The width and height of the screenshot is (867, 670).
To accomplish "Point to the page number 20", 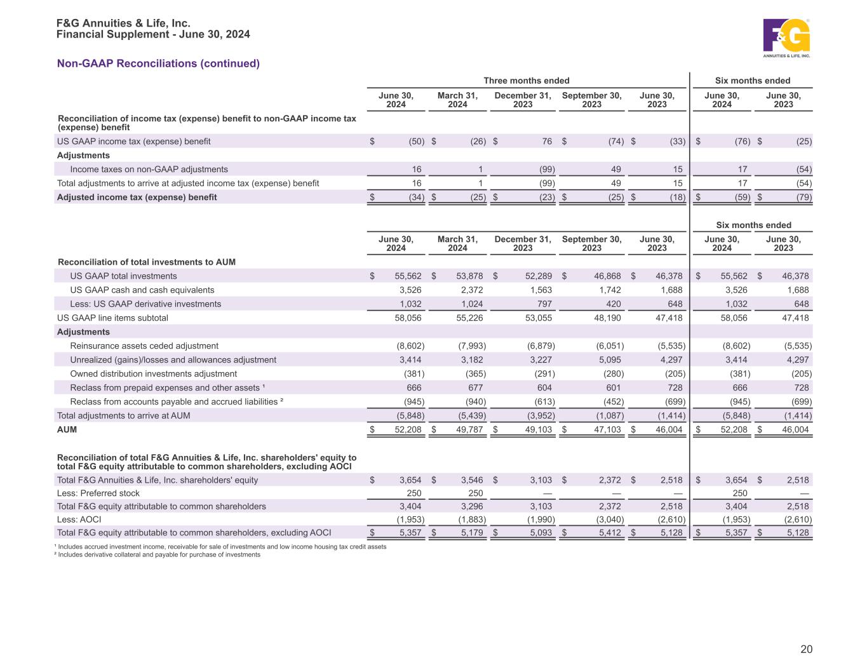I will tap(806, 649).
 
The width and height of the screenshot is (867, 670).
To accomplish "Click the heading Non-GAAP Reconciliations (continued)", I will tap(158, 64).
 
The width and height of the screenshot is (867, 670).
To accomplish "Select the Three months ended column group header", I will tap(526, 81).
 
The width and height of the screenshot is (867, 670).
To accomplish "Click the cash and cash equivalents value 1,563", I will tap(540, 290).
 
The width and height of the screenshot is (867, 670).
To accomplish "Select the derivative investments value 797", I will tap(543, 304).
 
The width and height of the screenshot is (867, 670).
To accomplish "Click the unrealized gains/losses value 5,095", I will tap(608, 360).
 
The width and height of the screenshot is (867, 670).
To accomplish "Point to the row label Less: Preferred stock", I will tap(98, 493).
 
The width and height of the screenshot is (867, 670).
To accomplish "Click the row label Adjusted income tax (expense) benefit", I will tap(137, 198).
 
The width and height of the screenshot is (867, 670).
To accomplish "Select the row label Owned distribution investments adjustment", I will tap(153, 374).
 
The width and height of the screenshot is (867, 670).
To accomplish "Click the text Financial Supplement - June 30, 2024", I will tap(153, 34).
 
